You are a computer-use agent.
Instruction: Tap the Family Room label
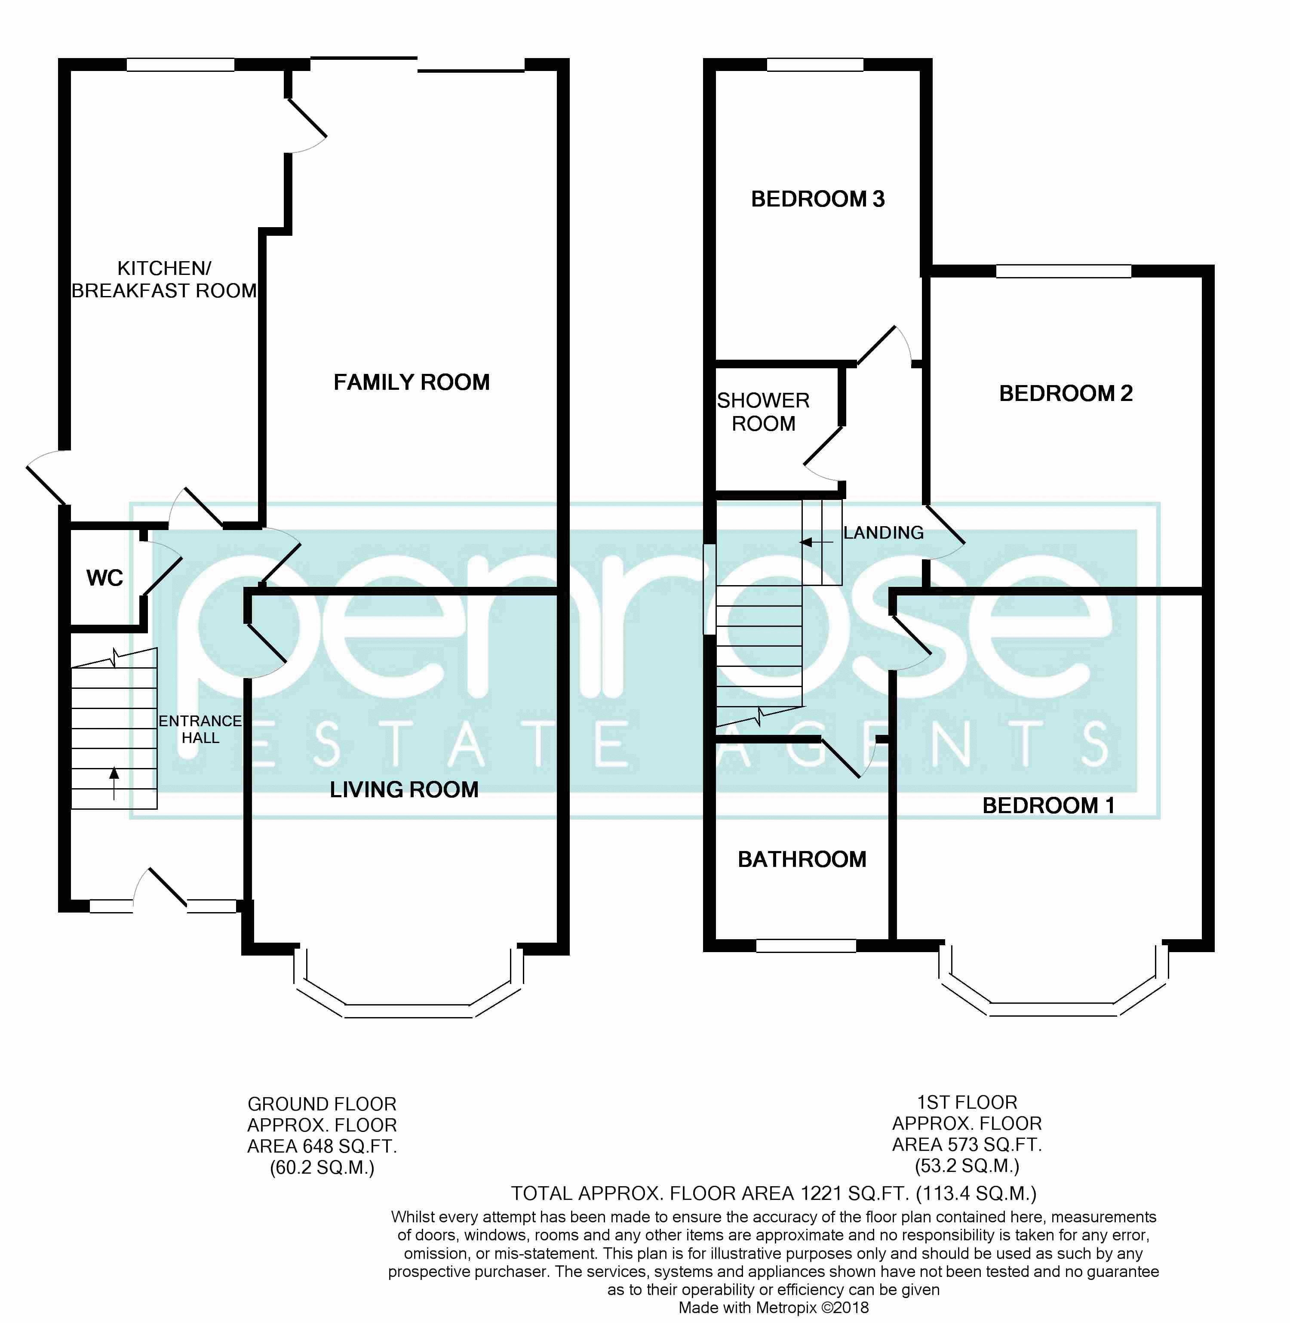(411, 382)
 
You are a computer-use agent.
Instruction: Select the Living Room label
(404, 789)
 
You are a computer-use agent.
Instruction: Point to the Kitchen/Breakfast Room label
(164, 279)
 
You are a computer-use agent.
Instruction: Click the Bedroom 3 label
(818, 199)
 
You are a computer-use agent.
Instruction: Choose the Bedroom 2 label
(1066, 393)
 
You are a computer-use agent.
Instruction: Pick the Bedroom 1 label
(1048, 805)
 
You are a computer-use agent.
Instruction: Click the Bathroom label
(802, 859)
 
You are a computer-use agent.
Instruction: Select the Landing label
(884, 533)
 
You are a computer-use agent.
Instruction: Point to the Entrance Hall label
(200, 729)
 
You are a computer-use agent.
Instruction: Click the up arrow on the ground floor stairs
(114, 782)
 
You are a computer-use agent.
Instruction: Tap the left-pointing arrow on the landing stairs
(817, 542)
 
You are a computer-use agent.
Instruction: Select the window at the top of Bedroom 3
(815, 65)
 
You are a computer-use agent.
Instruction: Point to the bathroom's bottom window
(806, 946)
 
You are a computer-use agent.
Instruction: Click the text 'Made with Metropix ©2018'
(774, 1308)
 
